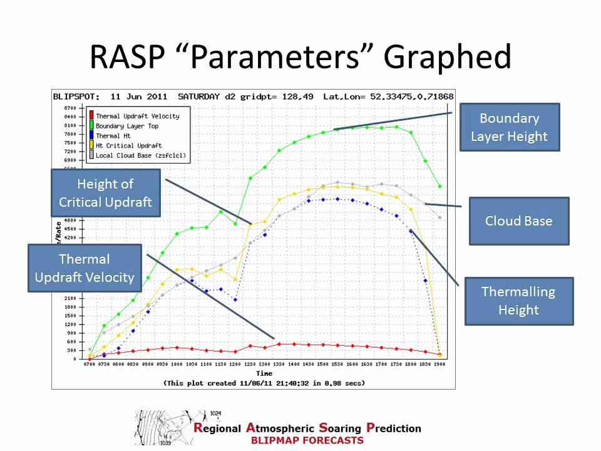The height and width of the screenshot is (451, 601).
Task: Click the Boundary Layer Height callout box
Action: pos(509,127)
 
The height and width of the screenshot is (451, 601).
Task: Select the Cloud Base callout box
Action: pos(518,221)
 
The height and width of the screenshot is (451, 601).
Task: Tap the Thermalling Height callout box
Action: pos(518,301)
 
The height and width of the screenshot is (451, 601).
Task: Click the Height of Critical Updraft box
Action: pos(105,193)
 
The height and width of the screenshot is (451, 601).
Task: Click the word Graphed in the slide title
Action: pos(447,58)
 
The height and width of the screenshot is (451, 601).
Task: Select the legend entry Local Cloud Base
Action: pos(140,155)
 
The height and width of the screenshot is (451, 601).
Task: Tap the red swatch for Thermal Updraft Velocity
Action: pos(91,116)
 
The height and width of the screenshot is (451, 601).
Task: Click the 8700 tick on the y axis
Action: pos(69,108)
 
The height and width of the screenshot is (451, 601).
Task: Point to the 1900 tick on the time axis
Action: pos(440,365)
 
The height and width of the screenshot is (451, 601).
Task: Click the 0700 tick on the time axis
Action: pos(89,365)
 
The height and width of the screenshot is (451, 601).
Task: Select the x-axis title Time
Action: pos(264,373)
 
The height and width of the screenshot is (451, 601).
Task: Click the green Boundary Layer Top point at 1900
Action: pos(440,186)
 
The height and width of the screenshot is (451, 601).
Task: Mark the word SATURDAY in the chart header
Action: pos(198,96)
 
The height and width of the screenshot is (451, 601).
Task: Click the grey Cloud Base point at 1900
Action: pos(440,217)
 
